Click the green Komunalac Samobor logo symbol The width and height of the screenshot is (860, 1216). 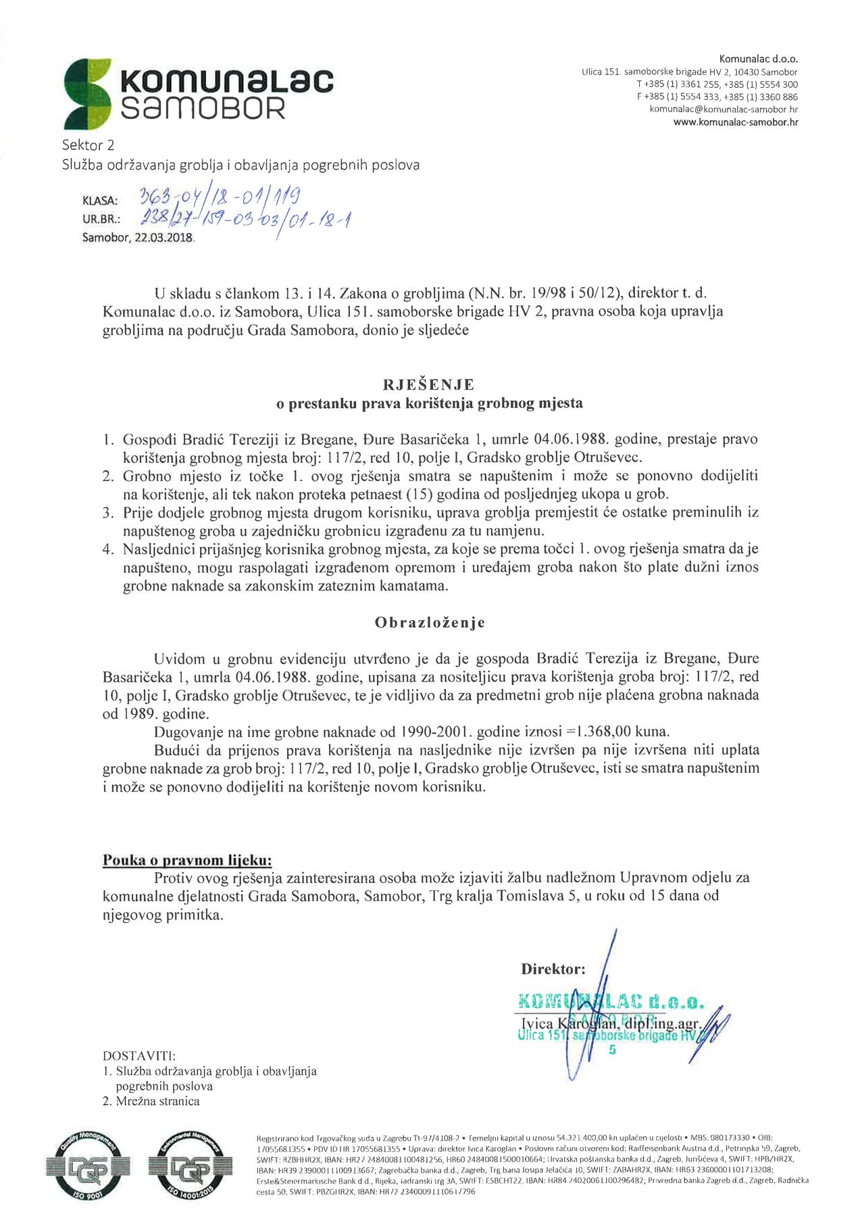pos(86,93)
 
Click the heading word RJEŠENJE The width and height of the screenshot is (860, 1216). pos(428,384)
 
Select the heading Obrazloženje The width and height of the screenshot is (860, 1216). pos(430,622)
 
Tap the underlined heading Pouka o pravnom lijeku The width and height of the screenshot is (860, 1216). pos(187,860)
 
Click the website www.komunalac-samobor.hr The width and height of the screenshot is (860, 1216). pos(736,122)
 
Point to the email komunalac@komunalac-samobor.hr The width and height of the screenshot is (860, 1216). pos(724,109)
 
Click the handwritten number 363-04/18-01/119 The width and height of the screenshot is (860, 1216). pos(219,198)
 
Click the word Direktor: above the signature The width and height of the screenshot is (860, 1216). pos(553,969)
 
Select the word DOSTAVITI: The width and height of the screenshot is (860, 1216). pos(139,1055)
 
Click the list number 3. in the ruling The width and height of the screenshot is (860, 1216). pos(108,512)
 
